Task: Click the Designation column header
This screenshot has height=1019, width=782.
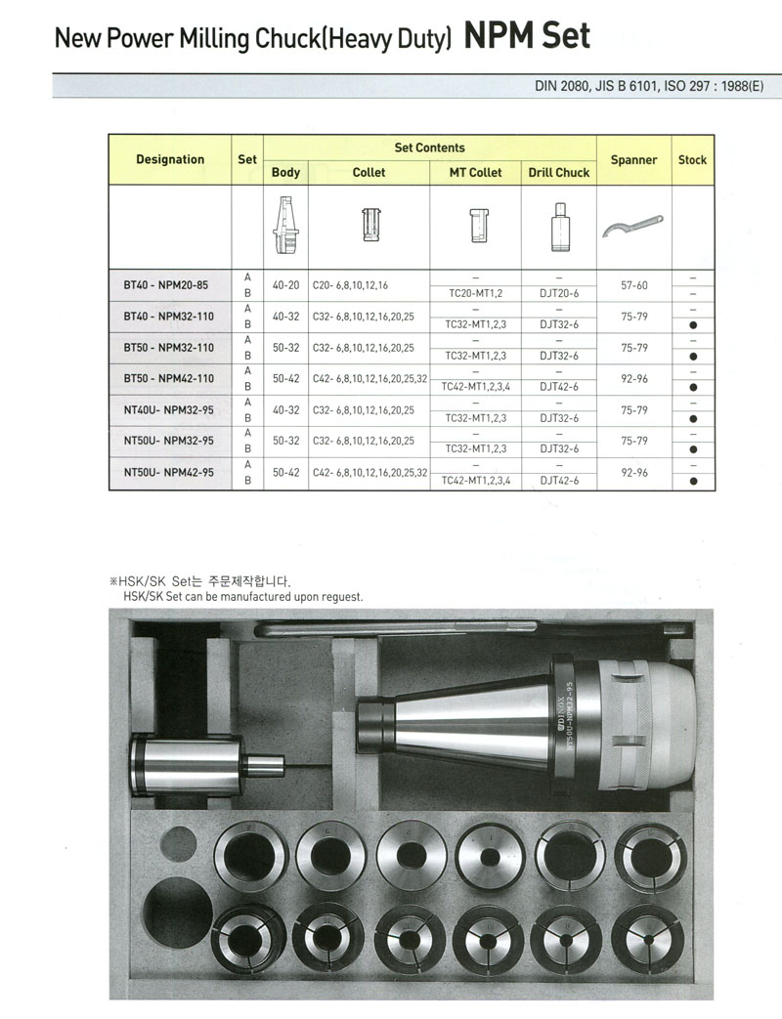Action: pyautogui.click(x=170, y=159)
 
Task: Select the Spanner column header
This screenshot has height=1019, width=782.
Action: pyautogui.click(x=633, y=159)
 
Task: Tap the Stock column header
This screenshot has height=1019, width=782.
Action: pyautogui.click(x=692, y=159)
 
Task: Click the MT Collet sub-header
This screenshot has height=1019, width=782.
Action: pyautogui.click(x=475, y=172)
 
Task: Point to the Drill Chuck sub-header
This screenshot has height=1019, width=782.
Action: pyautogui.click(x=559, y=172)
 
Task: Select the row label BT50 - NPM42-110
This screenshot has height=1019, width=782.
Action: pyautogui.click(x=168, y=378)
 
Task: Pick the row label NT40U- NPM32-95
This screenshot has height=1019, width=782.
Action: pyautogui.click(x=168, y=409)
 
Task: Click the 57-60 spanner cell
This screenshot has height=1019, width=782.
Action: pyautogui.click(x=634, y=285)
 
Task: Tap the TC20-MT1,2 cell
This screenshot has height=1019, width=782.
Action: pyautogui.click(x=475, y=293)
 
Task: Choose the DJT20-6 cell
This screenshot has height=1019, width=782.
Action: pyautogui.click(x=559, y=293)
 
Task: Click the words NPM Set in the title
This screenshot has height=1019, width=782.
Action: pyautogui.click(x=527, y=36)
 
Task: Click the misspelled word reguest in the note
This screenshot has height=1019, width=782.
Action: pyautogui.click(x=342, y=596)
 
